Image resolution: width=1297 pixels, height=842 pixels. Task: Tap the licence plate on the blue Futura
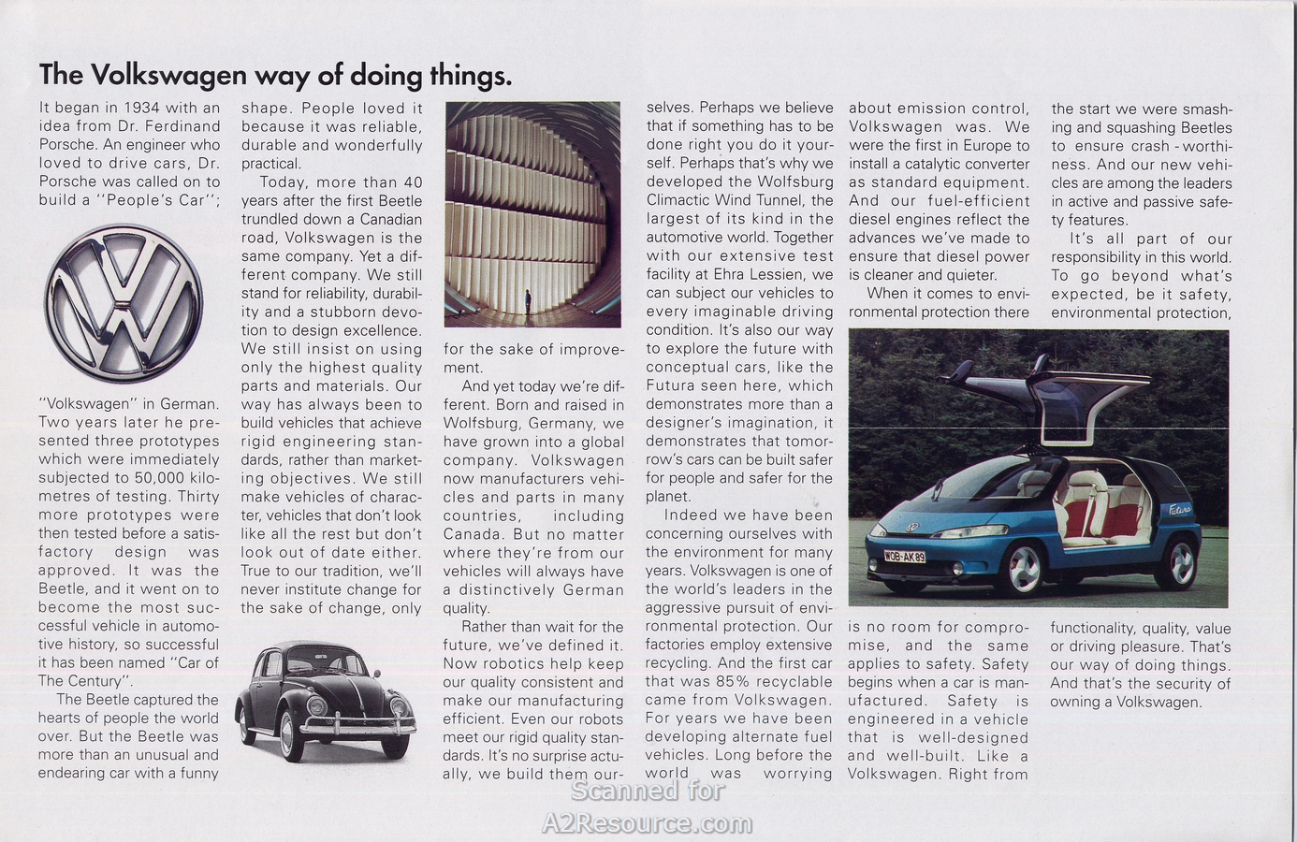904,556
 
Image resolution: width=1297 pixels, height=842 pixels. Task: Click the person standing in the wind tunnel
528,301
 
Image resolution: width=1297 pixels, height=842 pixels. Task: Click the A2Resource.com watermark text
648,823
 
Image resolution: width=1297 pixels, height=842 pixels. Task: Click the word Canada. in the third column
473,534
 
